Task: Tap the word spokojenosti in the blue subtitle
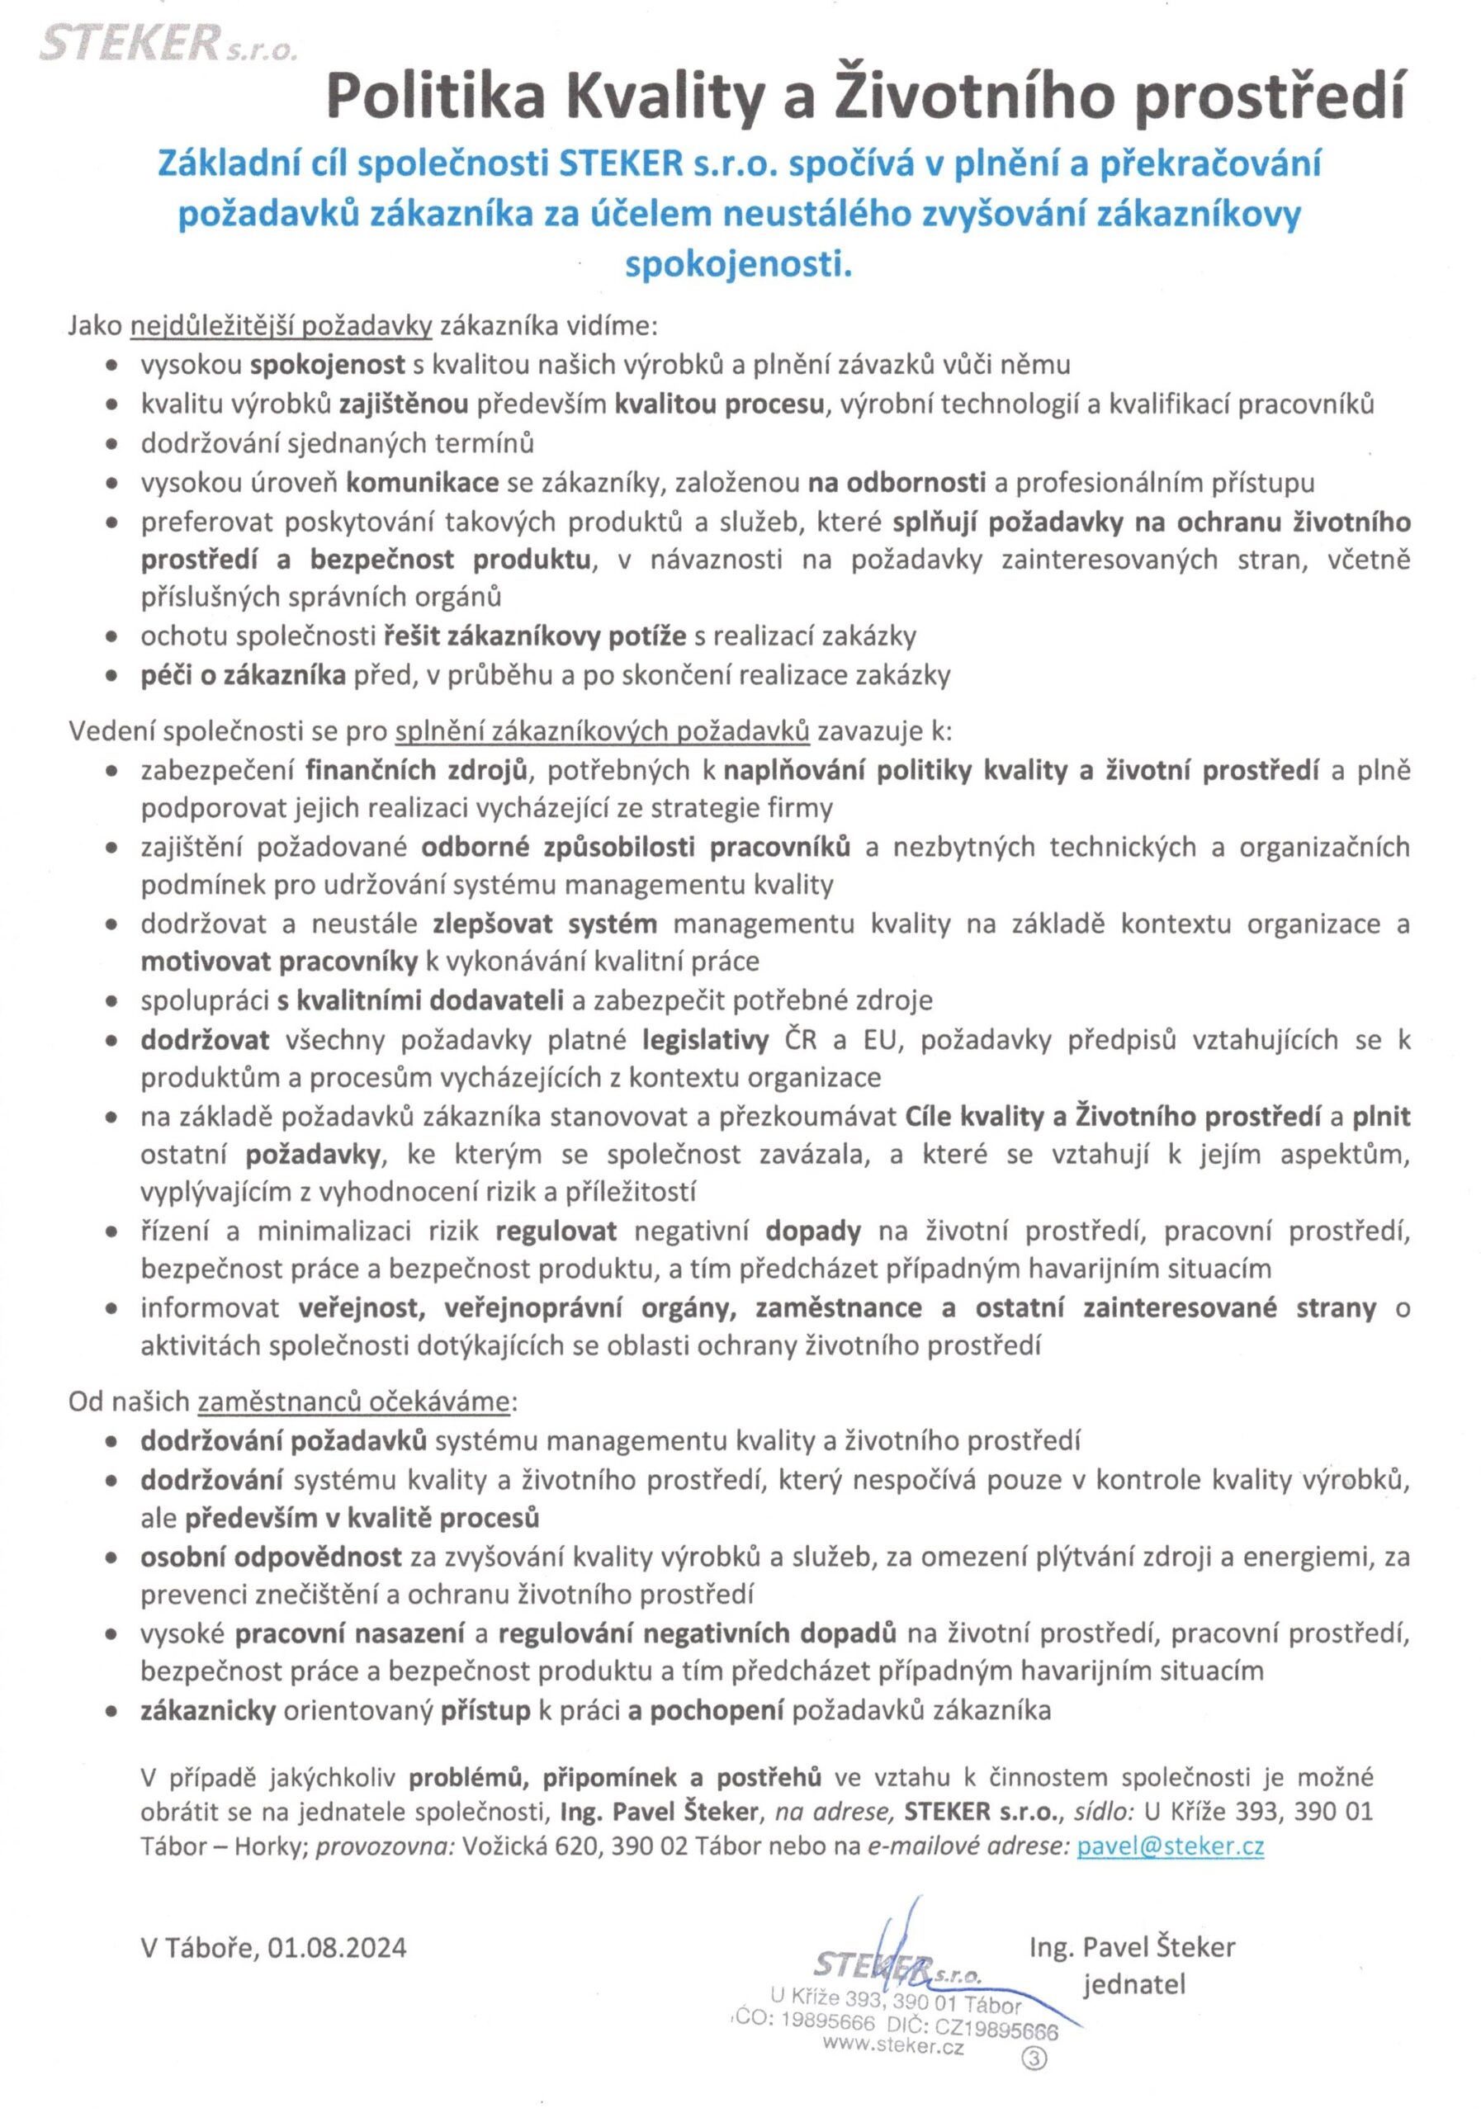point(738,265)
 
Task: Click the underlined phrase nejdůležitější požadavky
point(282,326)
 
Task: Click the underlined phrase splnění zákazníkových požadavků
point(602,731)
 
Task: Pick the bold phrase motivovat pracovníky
point(279,962)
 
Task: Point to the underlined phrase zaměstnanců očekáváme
point(354,1402)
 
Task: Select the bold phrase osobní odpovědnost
point(271,1556)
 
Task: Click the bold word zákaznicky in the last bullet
point(208,1711)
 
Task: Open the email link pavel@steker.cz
point(1170,1846)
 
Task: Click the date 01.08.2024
point(338,1947)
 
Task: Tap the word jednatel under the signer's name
point(1134,1983)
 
